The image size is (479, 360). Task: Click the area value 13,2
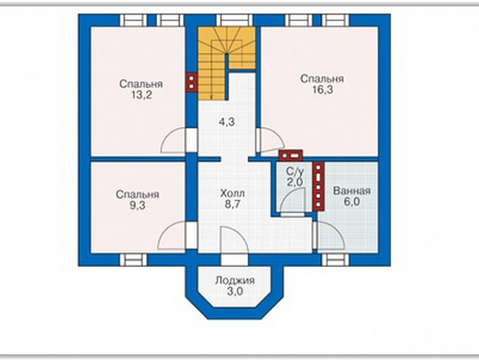pyautogui.click(x=141, y=95)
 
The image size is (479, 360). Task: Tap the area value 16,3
pyautogui.click(x=323, y=89)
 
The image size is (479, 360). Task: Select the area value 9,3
pyautogui.click(x=138, y=206)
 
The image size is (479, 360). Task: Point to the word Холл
pyautogui.click(x=232, y=194)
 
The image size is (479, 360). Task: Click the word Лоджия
pyautogui.click(x=235, y=281)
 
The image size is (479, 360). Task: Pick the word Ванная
pyautogui.click(x=351, y=191)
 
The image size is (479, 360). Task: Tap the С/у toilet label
pyautogui.click(x=295, y=172)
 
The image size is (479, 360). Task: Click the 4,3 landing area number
pyautogui.click(x=227, y=122)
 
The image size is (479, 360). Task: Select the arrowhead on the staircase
pyautogui.click(x=211, y=97)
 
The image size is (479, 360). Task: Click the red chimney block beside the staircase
pyautogui.click(x=191, y=82)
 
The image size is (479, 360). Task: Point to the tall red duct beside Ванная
pyautogui.click(x=318, y=186)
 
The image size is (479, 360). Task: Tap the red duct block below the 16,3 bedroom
pyautogui.click(x=290, y=155)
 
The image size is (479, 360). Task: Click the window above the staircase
pyautogui.click(x=235, y=20)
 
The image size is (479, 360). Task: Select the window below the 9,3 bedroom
pyautogui.click(x=133, y=260)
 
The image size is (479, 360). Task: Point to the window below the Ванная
pyautogui.click(x=335, y=260)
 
